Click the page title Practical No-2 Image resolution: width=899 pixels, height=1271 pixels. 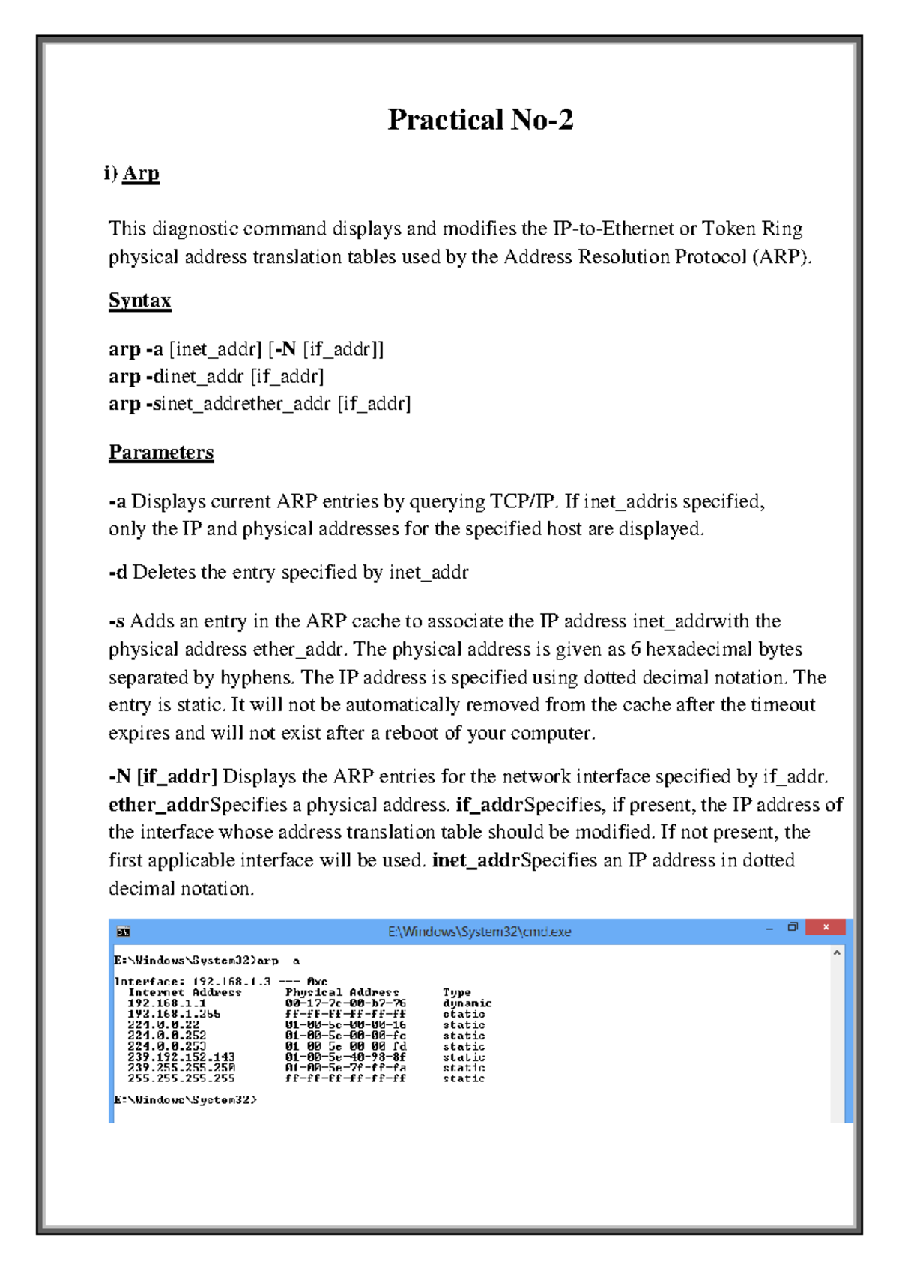[480, 120]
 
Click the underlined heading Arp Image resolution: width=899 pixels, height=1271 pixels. [141, 173]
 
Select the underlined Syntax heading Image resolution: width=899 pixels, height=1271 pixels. [140, 301]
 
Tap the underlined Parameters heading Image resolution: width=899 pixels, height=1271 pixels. [161, 453]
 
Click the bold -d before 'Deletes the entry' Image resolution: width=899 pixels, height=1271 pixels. [118, 573]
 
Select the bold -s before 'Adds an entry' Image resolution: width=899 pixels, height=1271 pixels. [117, 621]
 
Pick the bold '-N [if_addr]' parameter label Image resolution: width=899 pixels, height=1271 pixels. [163, 776]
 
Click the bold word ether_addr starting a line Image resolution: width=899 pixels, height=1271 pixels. [158, 805]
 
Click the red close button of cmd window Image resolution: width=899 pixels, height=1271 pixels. [826, 928]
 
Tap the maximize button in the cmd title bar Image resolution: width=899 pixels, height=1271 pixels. [793, 928]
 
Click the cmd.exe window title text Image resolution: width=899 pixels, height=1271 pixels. [479, 932]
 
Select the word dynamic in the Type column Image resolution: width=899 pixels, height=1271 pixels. [467, 1003]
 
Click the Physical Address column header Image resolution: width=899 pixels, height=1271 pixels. [342, 992]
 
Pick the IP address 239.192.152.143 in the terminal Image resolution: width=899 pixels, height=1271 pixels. [181, 1057]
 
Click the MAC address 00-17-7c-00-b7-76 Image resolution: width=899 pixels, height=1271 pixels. [345, 1003]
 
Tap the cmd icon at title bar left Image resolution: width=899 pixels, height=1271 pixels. [124, 932]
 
